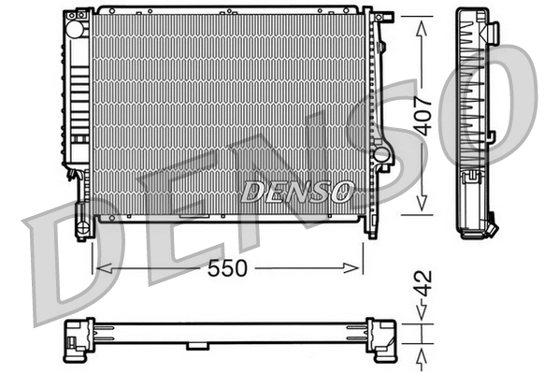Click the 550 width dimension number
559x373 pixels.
coord(227,268)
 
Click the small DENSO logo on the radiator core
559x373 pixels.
coord(297,192)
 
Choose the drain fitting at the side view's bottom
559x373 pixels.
coord(492,225)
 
